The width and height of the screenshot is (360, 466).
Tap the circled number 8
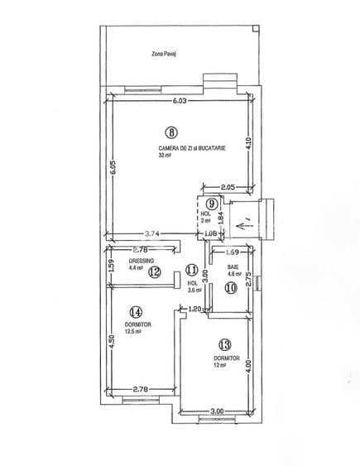tap(170, 131)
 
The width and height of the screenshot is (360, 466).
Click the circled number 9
tap(212, 203)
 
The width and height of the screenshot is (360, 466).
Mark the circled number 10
tap(230, 287)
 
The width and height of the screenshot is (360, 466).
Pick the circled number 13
tap(223, 344)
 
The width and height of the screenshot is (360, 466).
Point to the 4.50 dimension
tap(112, 342)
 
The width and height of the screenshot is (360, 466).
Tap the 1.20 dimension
tap(195, 309)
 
